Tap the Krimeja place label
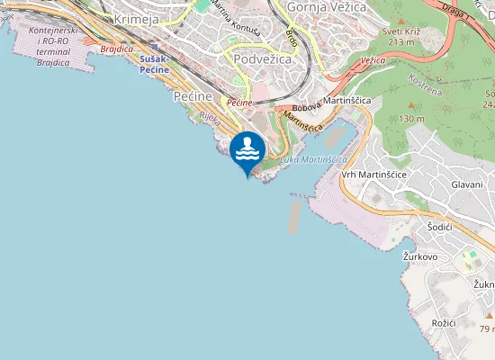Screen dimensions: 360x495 click(x=138, y=19)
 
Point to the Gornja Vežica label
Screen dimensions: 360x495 click(x=326, y=7)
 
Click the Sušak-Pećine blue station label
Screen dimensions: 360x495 click(x=161, y=64)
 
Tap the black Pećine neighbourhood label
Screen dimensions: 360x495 click(x=192, y=95)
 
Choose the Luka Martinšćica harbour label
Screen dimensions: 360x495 click(x=313, y=159)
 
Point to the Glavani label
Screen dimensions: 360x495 click(x=467, y=184)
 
